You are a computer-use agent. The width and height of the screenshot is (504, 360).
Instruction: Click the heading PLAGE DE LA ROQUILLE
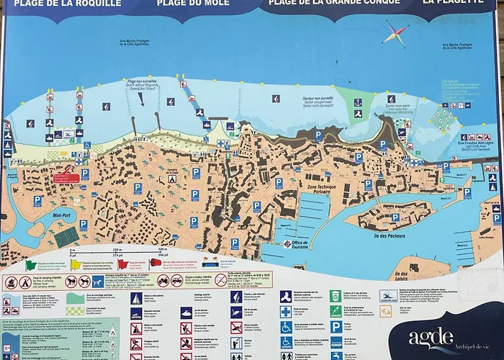[68, 4]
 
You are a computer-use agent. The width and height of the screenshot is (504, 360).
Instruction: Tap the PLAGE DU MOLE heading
[194, 4]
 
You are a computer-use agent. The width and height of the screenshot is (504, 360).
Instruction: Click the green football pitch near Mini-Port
[65, 235]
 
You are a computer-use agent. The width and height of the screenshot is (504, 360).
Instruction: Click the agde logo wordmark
[431, 337]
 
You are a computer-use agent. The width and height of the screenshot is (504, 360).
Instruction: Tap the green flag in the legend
[31, 264]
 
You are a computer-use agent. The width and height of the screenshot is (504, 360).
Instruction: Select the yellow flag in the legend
[76, 264]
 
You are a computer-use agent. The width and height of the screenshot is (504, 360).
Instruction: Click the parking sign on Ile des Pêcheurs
[395, 217]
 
